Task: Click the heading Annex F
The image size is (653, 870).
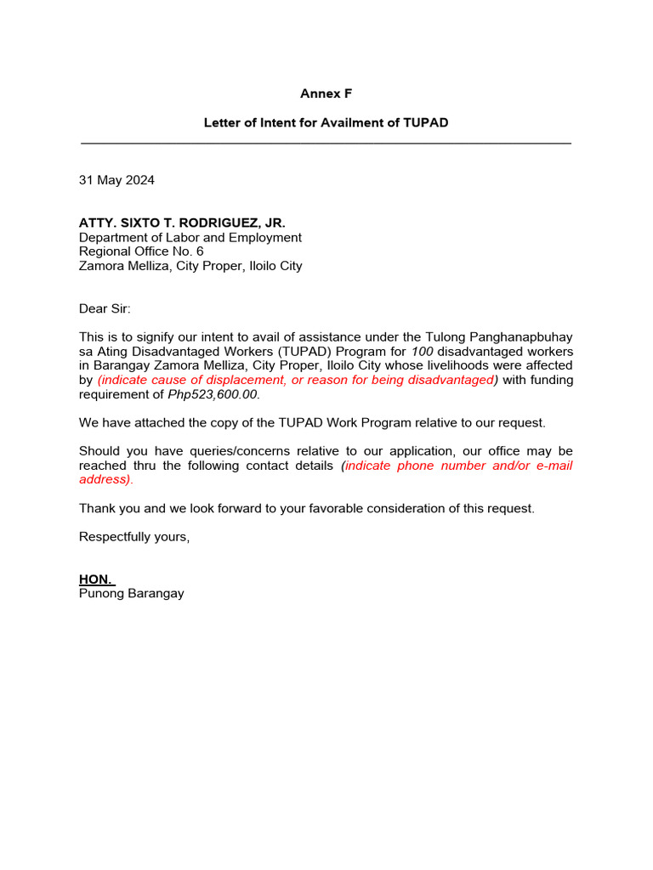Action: tap(326, 93)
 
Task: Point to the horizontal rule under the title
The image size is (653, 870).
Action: tap(326, 143)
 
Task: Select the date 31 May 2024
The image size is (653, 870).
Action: tap(116, 180)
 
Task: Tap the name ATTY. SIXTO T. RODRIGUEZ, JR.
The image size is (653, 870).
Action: tap(176, 223)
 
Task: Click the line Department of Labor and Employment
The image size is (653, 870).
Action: tap(190, 238)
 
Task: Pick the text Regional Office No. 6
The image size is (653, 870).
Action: tap(141, 251)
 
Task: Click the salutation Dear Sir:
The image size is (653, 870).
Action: tap(105, 308)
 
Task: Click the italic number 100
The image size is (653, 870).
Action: tap(423, 352)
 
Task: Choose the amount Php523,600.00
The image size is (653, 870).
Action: tap(216, 394)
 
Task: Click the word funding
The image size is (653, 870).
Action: tap(550, 380)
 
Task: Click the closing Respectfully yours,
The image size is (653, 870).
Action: tap(134, 537)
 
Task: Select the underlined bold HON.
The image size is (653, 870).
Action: tap(95, 579)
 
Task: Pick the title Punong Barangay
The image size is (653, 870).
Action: tap(131, 593)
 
